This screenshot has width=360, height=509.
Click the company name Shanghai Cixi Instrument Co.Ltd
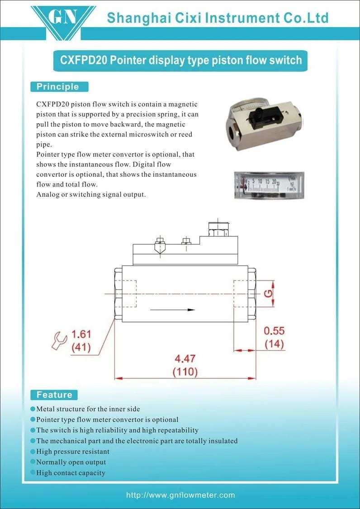pyautogui.click(x=218, y=18)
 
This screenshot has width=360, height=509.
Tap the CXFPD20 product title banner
pyautogui.click(x=180, y=61)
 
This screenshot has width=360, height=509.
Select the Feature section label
pyautogui.click(x=54, y=395)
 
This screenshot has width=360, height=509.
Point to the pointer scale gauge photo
pyautogui.click(x=269, y=185)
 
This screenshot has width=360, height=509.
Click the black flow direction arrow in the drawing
pyautogui.click(x=172, y=310)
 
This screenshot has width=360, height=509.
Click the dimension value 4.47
pyautogui.click(x=185, y=359)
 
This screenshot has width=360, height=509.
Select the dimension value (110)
pyautogui.click(x=185, y=372)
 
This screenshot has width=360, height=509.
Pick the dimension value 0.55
pyautogui.click(x=274, y=331)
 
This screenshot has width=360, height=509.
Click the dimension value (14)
pyautogui.click(x=275, y=344)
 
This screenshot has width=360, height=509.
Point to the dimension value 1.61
pyautogui.click(x=81, y=334)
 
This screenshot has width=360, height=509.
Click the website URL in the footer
pyautogui.click(x=180, y=495)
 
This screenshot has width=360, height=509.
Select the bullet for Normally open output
pyautogui.click(x=33, y=462)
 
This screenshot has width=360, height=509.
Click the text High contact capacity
pyautogui.click(x=71, y=473)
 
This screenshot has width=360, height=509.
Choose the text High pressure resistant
pyautogui.click(x=73, y=452)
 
